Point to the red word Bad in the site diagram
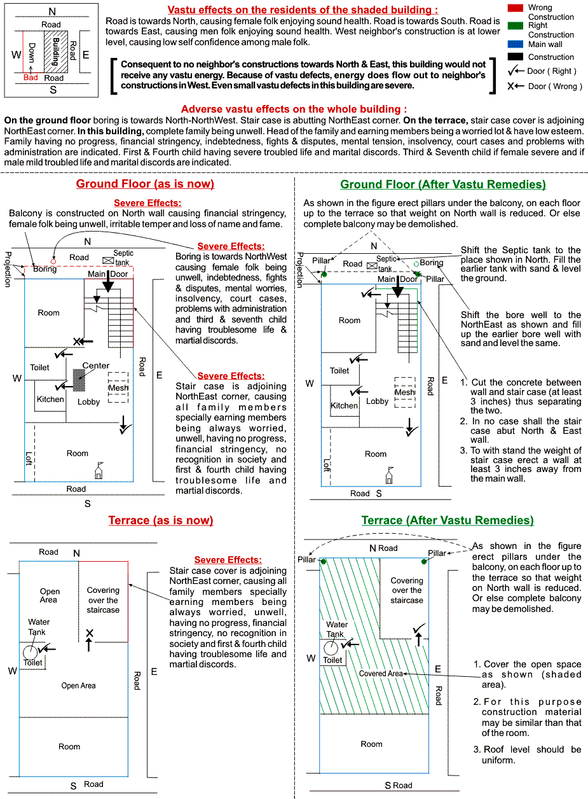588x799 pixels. click(31, 77)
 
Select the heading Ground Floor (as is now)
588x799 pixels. click(145, 184)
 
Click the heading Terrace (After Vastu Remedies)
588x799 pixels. click(448, 520)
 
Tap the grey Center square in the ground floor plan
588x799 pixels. click(79, 380)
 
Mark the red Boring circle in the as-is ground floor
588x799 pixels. click(53, 261)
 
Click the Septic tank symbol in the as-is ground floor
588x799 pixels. click(107, 261)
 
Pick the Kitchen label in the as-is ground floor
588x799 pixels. click(50, 400)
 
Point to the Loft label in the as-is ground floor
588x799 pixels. click(29, 459)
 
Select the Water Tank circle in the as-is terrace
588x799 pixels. click(30, 652)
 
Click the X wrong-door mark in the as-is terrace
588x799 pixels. click(90, 633)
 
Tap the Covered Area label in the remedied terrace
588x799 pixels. click(381, 674)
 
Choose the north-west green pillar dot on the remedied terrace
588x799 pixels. click(324, 562)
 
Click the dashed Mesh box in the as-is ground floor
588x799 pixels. click(118, 387)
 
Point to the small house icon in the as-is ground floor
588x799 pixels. click(98, 471)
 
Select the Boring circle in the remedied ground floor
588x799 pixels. click(416, 263)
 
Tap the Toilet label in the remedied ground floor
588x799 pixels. click(339, 370)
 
